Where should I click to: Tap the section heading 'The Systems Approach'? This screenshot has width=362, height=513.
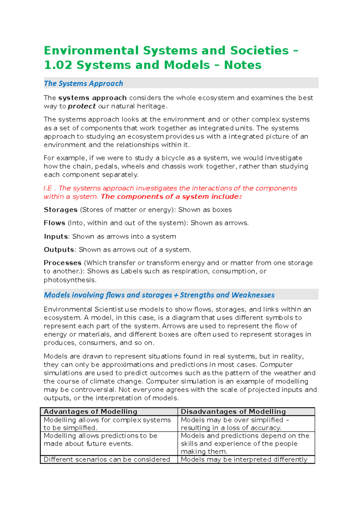click(83, 83)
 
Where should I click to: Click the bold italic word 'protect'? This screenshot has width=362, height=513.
click(82, 106)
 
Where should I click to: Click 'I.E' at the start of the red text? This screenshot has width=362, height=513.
click(48, 188)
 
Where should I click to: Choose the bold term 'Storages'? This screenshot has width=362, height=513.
click(61, 210)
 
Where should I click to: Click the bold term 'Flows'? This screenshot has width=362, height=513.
click(55, 223)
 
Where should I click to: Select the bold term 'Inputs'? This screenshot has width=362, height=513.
click(56, 237)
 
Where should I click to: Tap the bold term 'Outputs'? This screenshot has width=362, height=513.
click(59, 250)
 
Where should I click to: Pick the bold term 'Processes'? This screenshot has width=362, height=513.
click(63, 263)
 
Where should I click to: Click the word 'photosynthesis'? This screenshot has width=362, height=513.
click(69, 280)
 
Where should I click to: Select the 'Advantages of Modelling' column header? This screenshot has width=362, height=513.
click(91, 411)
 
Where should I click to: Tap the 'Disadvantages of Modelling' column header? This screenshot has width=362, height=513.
click(233, 411)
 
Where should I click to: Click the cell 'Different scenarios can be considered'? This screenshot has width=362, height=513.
click(107, 460)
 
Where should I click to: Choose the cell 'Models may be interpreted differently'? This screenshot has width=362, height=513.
click(244, 460)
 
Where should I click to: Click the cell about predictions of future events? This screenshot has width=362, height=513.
click(100, 440)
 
